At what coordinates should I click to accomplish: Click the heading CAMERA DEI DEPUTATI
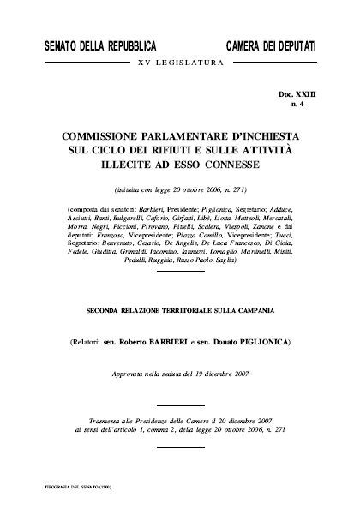pos(271,45)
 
